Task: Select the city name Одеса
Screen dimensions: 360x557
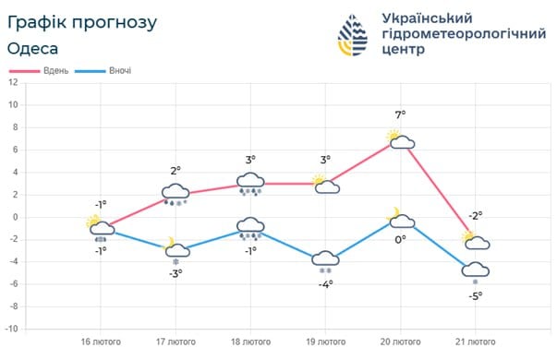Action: click(x=33, y=48)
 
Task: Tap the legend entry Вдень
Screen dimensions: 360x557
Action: click(x=49, y=71)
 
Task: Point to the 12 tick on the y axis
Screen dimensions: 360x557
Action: click(x=14, y=82)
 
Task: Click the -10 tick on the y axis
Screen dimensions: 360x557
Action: click(x=12, y=329)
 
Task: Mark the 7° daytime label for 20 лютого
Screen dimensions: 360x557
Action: click(x=400, y=115)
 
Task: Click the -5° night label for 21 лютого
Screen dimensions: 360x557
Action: click(x=475, y=296)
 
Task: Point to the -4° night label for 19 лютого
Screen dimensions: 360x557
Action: click(x=325, y=284)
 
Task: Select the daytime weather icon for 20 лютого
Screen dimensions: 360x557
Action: click(x=400, y=140)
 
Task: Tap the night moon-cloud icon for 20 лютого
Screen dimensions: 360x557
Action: click(x=400, y=219)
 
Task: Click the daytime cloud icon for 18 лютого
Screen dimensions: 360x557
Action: click(x=251, y=181)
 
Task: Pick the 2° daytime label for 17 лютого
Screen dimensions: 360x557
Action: click(x=176, y=171)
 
